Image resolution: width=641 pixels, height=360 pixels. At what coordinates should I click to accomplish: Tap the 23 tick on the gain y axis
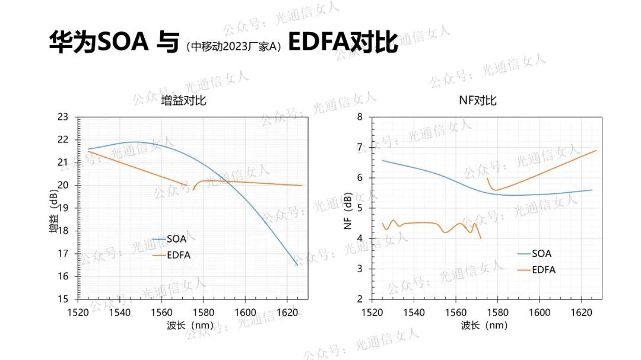tap(63, 117)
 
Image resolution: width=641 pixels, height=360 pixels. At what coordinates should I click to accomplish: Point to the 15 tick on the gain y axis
tap(63, 299)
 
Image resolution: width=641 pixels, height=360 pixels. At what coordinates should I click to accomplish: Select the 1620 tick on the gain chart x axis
tap(287, 311)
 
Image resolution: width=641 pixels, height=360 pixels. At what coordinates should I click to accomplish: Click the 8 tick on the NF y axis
tap(360, 117)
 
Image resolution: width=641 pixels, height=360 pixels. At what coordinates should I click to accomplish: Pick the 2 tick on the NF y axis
tap(360, 299)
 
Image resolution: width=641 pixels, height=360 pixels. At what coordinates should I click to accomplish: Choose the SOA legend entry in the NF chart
tap(541, 254)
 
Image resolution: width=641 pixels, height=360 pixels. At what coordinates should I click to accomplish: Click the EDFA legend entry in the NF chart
tap(544, 270)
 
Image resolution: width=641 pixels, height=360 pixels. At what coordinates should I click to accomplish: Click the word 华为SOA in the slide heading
tap(98, 42)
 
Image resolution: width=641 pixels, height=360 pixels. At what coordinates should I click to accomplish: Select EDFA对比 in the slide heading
tap(342, 42)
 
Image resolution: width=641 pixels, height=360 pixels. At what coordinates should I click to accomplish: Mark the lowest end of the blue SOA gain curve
tap(297, 265)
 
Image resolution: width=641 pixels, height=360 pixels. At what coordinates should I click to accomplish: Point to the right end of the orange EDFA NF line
tap(595, 151)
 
